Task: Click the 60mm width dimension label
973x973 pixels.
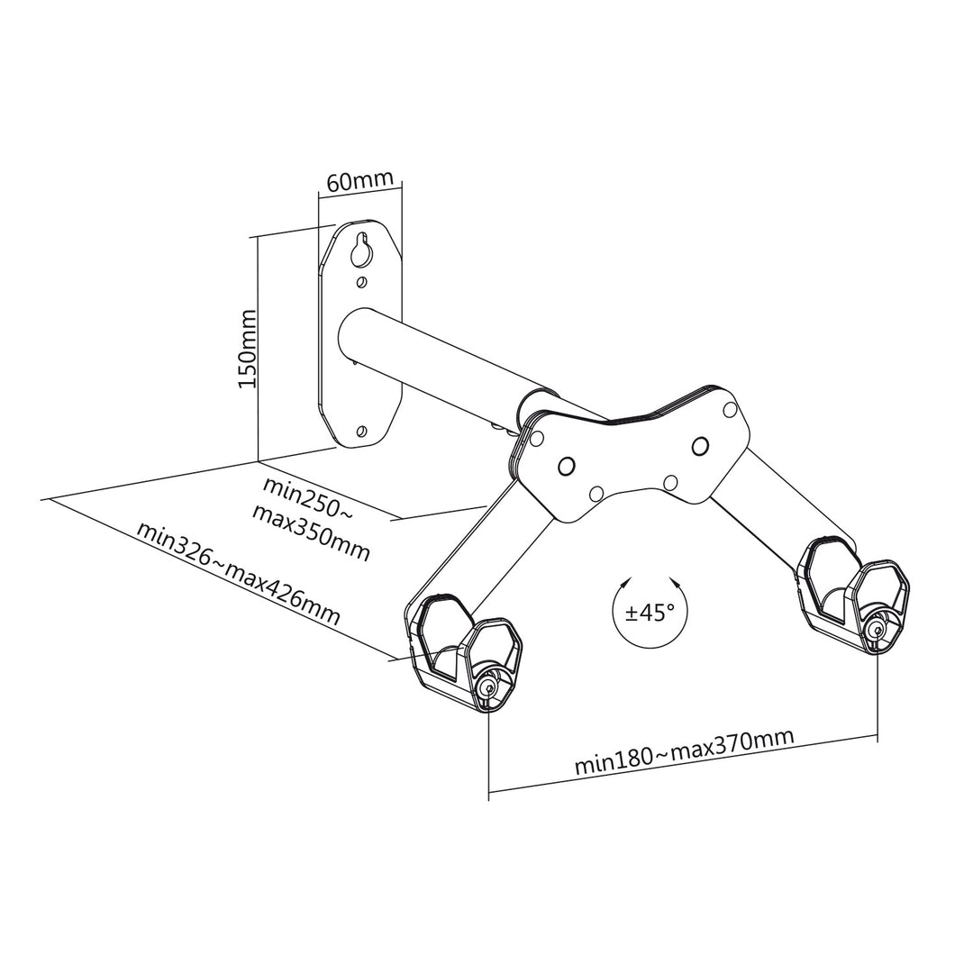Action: pyautogui.click(x=359, y=180)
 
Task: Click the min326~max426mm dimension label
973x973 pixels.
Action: pyautogui.click(x=238, y=574)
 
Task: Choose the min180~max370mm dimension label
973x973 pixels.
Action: pyautogui.click(x=685, y=751)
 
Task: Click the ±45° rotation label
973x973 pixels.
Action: pyautogui.click(x=650, y=613)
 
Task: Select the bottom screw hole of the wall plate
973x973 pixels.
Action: pyautogui.click(x=361, y=431)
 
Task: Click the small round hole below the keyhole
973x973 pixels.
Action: pyautogui.click(x=361, y=283)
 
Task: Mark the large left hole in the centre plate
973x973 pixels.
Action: pyautogui.click(x=567, y=465)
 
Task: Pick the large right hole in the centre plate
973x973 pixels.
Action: pyautogui.click(x=699, y=444)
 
